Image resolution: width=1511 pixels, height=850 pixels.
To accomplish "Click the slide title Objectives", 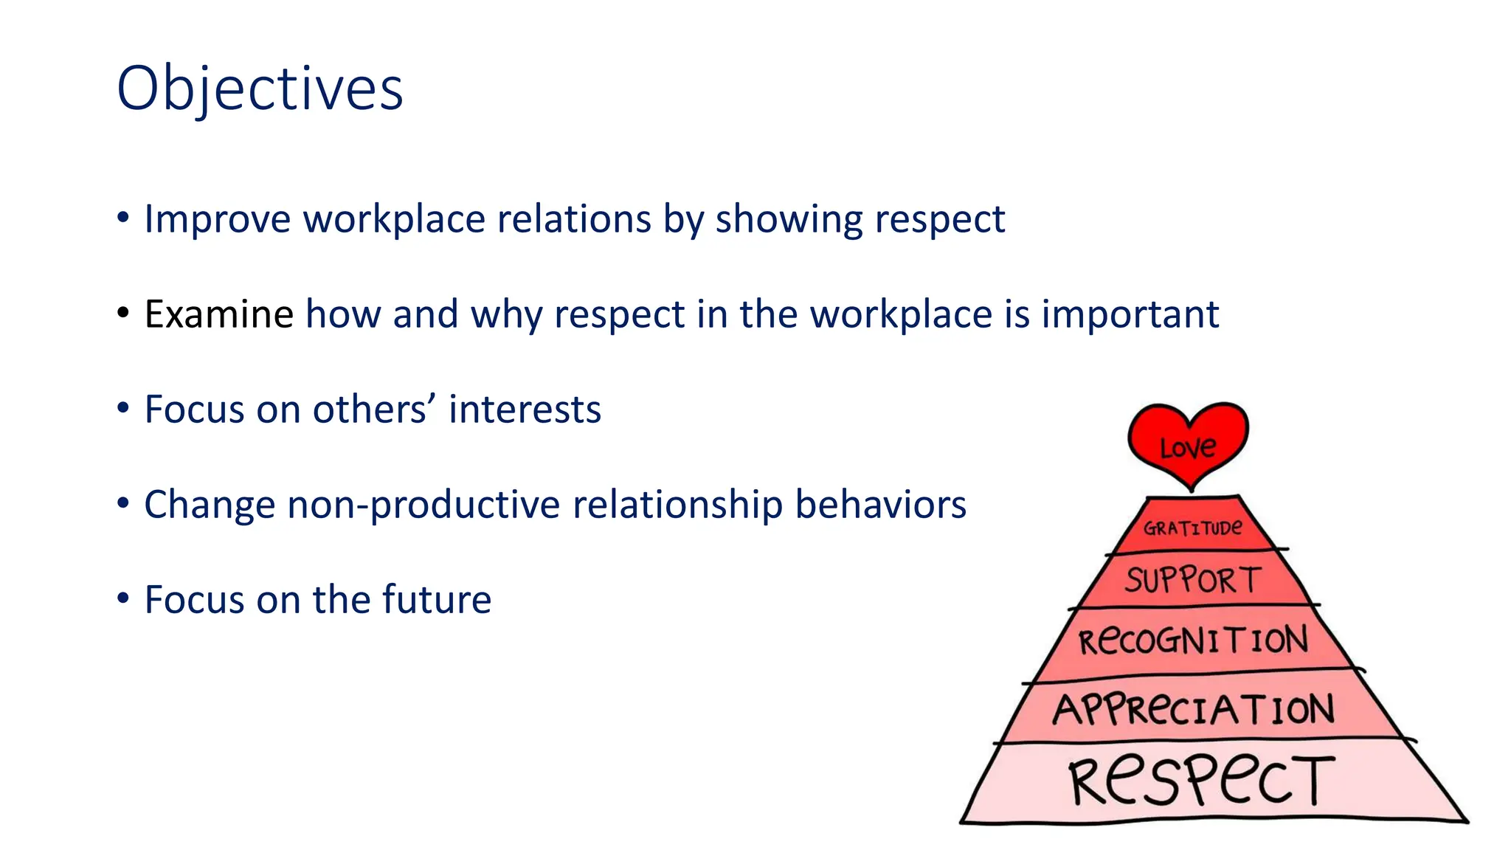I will [260, 89].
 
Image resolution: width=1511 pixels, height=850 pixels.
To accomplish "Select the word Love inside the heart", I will [1188, 447].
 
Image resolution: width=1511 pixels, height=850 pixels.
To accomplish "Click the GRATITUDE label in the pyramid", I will [1192, 528].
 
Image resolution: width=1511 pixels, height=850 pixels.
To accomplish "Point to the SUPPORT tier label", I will [1193, 580].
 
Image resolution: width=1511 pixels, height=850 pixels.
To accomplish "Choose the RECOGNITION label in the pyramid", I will [1193, 640].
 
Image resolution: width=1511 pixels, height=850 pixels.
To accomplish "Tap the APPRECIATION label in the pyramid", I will [1193, 709].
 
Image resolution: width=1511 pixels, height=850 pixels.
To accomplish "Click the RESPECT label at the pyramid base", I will [1201, 780].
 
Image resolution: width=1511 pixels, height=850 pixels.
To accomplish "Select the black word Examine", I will [219, 314].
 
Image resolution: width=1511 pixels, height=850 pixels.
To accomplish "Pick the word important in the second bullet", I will [1130, 315].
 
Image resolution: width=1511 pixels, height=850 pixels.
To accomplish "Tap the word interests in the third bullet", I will [525, 410].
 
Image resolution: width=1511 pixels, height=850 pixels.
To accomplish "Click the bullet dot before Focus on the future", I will [123, 598].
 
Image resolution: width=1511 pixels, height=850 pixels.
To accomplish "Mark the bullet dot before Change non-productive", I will [123, 503].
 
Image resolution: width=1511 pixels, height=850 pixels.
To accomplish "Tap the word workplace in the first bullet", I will [395, 220].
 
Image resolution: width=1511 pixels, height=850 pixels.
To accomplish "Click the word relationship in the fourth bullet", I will [677, 505].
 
